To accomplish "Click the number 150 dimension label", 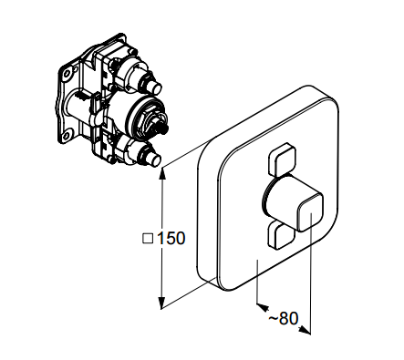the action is [171, 238].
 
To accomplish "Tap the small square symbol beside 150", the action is [148, 239].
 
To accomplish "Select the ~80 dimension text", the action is [284, 318].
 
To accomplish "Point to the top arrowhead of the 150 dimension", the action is [163, 172].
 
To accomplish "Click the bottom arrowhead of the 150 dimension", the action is [161, 303].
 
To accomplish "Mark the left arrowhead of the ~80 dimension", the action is [263, 307].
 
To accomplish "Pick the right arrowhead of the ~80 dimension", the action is [305, 330].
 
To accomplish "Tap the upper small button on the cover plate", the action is [283, 159].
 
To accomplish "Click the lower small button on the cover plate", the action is [280, 235].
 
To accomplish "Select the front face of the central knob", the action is [310, 212].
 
